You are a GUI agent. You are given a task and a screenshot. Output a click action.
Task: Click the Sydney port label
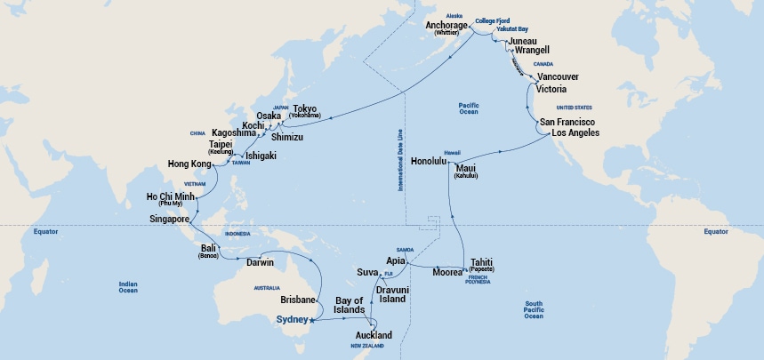287,319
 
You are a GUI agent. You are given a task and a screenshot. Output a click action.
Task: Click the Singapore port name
169,219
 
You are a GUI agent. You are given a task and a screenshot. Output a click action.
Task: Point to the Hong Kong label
189,164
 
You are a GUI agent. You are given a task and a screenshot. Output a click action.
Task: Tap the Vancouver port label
563,77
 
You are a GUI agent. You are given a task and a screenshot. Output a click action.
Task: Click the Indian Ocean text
128,287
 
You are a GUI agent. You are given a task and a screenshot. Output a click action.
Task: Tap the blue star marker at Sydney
310,322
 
